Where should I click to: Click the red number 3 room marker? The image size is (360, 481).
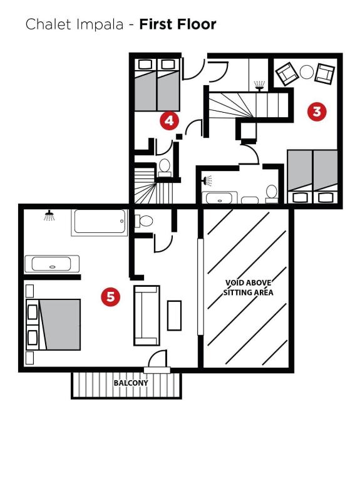[317, 111]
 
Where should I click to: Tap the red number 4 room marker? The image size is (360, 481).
[169, 120]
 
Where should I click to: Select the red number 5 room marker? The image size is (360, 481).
[110, 297]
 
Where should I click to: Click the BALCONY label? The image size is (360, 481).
[131, 383]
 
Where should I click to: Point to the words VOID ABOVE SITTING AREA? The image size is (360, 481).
[248, 287]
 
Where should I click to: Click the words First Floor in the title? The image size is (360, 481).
[178, 24]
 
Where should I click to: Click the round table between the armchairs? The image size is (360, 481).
[307, 73]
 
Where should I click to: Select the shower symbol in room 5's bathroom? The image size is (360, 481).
[49, 215]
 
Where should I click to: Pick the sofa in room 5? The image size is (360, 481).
[147, 316]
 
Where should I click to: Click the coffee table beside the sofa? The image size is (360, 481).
[174, 316]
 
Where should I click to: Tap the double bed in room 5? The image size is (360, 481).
[53, 324]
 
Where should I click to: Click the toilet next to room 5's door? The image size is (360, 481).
[144, 220]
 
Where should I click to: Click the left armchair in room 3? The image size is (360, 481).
[287, 74]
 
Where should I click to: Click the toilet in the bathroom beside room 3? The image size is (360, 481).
[271, 194]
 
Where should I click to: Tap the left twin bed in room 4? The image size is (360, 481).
[145, 85]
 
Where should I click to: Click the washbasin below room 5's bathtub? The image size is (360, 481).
[52, 264]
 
